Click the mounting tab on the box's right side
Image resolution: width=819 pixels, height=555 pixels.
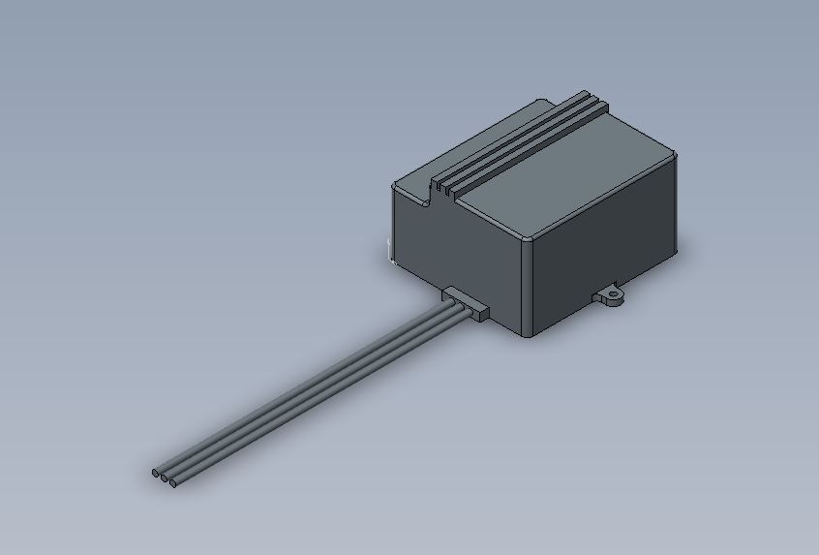click(609, 296)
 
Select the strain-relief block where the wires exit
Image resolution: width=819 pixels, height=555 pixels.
click(466, 303)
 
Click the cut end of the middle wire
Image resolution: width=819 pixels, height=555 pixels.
click(164, 477)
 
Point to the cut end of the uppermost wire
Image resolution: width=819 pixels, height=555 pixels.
click(155, 473)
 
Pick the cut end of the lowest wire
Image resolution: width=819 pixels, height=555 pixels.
click(172, 481)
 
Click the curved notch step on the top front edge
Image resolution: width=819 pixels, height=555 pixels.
click(430, 193)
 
